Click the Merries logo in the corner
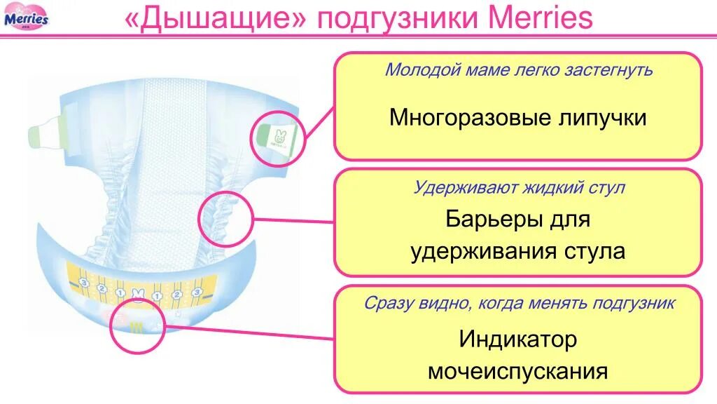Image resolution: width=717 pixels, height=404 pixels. click(27, 17)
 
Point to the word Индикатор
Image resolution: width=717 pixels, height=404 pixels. click(518, 339)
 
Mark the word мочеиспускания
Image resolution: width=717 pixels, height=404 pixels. click(518, 371)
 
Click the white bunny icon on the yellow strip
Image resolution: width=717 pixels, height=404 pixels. click(138, 293)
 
